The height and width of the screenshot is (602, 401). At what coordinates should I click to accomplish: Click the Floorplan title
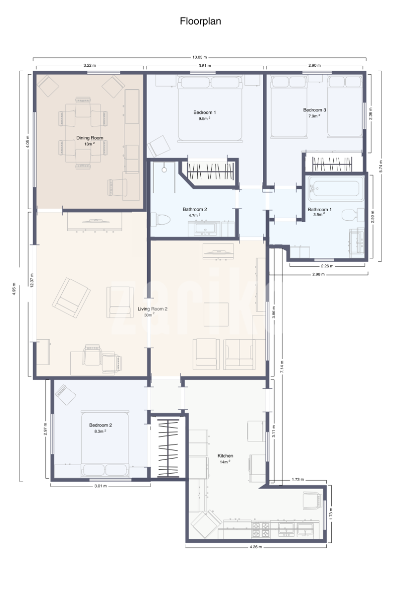(200, 21)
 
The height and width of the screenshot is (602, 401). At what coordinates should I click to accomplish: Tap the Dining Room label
(89, 138)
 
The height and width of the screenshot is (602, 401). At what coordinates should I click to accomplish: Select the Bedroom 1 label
(204, 112)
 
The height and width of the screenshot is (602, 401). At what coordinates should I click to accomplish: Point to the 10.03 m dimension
(200, 57)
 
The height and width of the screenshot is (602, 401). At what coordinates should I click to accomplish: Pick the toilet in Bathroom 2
(160, 220)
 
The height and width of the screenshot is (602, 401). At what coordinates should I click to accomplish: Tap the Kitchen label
(225, 456)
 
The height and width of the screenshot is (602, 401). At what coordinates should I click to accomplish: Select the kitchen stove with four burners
(260, 529)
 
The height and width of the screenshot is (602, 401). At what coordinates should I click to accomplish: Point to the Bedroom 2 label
(100, 425)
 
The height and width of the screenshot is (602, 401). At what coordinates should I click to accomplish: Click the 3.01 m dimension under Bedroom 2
(100, 486)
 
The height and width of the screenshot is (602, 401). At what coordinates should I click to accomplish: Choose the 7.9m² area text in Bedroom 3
(314, 116)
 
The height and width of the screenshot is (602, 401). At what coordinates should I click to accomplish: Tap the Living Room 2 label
(153, 309)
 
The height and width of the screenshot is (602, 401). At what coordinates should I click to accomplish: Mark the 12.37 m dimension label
(32, 280)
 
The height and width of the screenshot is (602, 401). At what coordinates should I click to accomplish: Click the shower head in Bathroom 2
(164, 170)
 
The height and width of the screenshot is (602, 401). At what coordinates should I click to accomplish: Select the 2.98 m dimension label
(318, 274)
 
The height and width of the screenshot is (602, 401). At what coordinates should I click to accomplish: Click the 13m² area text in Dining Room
(89, 144)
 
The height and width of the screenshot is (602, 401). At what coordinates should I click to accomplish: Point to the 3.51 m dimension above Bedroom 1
(205, 66)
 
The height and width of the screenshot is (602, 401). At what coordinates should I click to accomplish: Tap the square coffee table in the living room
(216, 314)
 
